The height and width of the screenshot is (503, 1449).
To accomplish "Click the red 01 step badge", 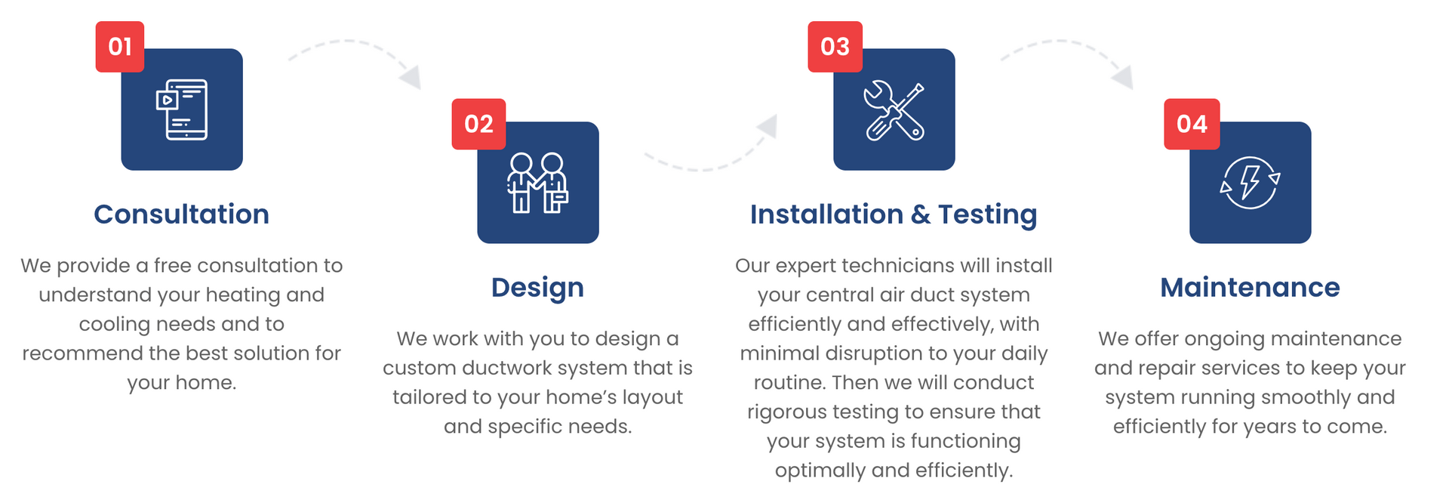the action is [120, 47].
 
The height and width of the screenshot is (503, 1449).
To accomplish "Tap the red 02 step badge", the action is [478, 124].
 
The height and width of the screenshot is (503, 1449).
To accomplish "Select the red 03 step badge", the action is [835, 47].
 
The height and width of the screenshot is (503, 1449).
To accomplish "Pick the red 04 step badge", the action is [1192, 124].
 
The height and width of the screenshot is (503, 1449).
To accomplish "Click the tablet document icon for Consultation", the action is [182, 110].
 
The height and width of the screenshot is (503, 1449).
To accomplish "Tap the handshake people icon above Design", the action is [538, 183].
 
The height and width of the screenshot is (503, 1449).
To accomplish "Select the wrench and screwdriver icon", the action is [894, 110].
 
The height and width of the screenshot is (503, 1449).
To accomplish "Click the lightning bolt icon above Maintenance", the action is [1251, 183].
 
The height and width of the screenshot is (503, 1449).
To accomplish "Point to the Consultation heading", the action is [182, 214].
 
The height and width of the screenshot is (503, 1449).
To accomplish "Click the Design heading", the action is [538, 289].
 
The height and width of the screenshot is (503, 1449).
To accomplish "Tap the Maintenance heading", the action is [1251, 288].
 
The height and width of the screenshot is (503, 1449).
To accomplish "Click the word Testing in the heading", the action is [988, 215].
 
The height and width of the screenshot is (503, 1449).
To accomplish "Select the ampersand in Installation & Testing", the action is [921, 214].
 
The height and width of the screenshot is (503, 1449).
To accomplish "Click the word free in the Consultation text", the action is [173, 266].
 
